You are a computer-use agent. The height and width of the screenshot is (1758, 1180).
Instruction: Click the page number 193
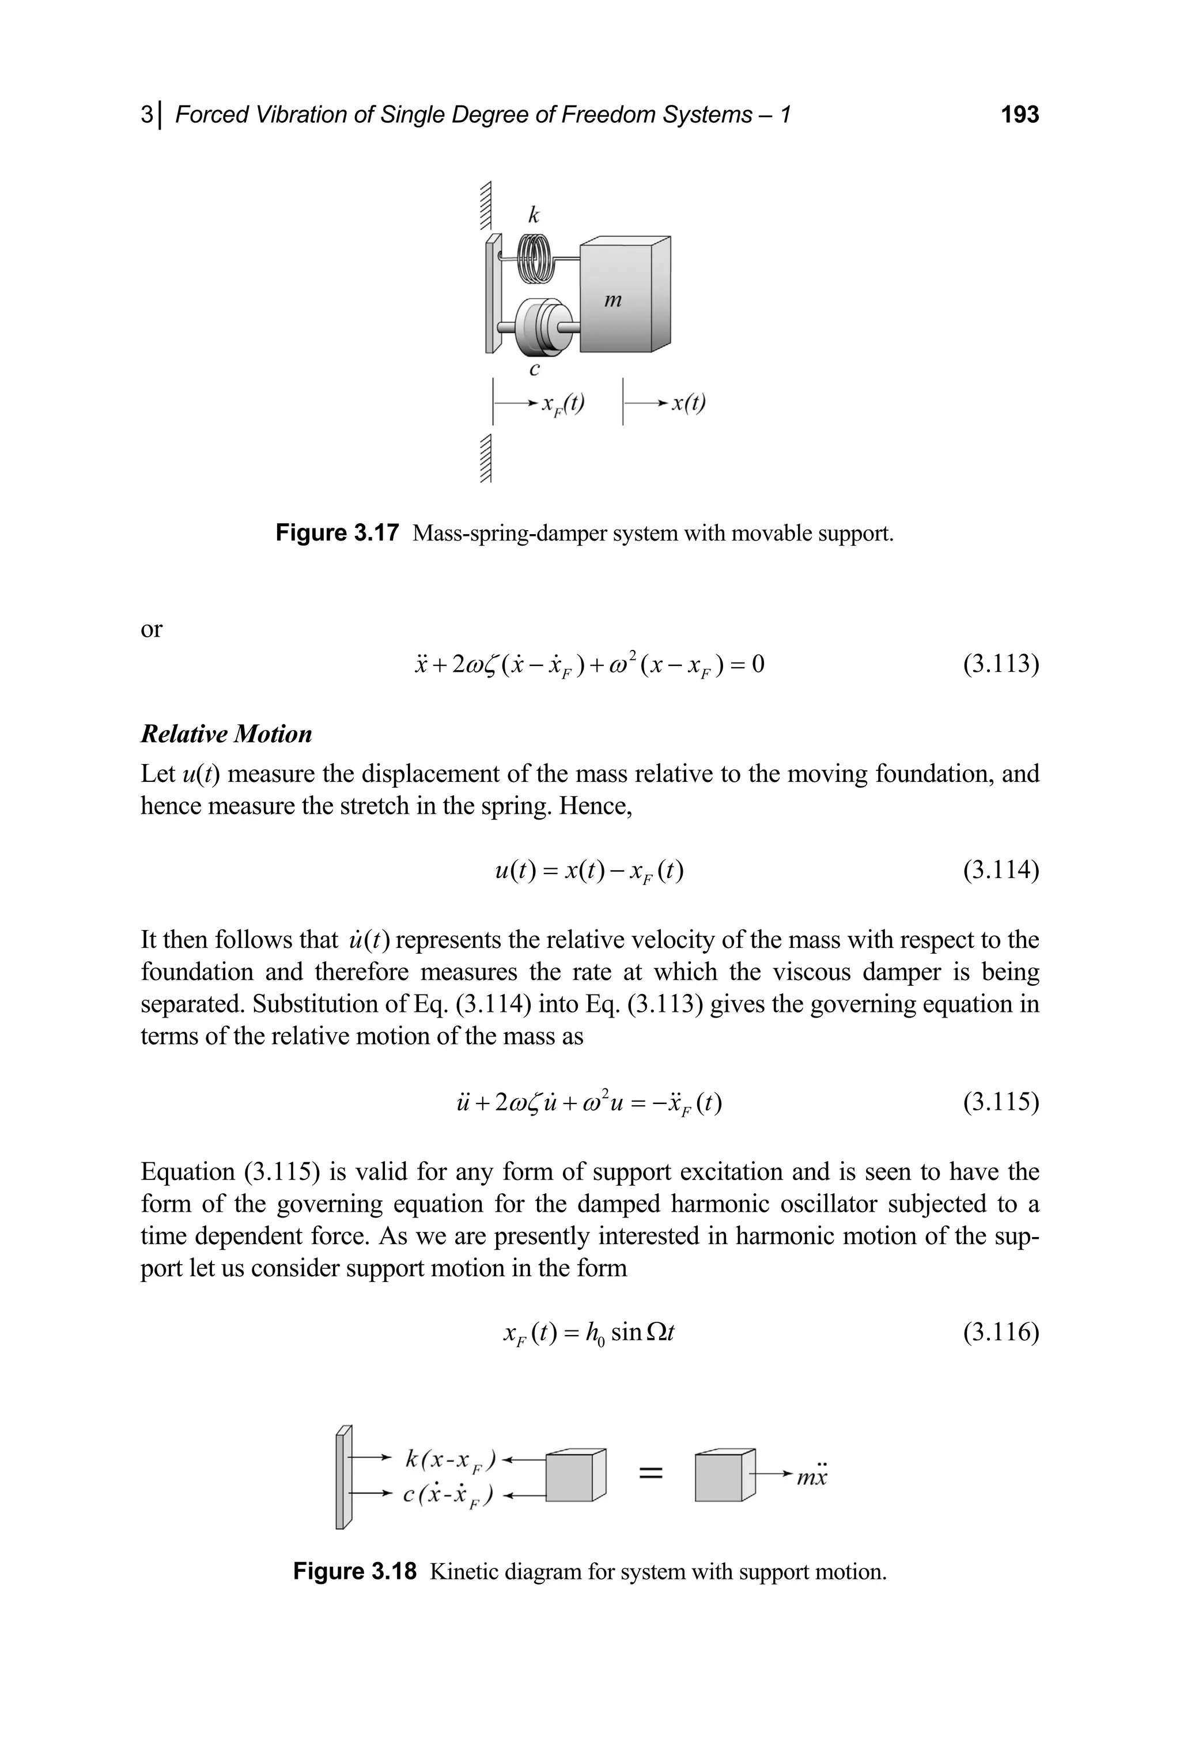click(x=1020, y=115)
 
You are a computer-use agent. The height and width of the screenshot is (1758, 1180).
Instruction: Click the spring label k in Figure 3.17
click(x=534, y=216)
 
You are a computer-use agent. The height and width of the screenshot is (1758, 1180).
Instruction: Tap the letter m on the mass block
click(x=613, y=301)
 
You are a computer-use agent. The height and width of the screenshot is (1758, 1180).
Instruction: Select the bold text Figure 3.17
click(x=336, y=534)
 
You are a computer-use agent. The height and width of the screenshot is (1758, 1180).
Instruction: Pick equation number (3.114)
click(x=1001, y=870)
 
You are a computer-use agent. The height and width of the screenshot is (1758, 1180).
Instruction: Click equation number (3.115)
click(x=1001, y=1102)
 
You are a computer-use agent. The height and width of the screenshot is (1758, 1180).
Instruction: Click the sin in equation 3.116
click(x=626, y=1333)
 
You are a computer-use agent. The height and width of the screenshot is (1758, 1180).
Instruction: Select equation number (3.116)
click(x=1001, y=1333)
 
